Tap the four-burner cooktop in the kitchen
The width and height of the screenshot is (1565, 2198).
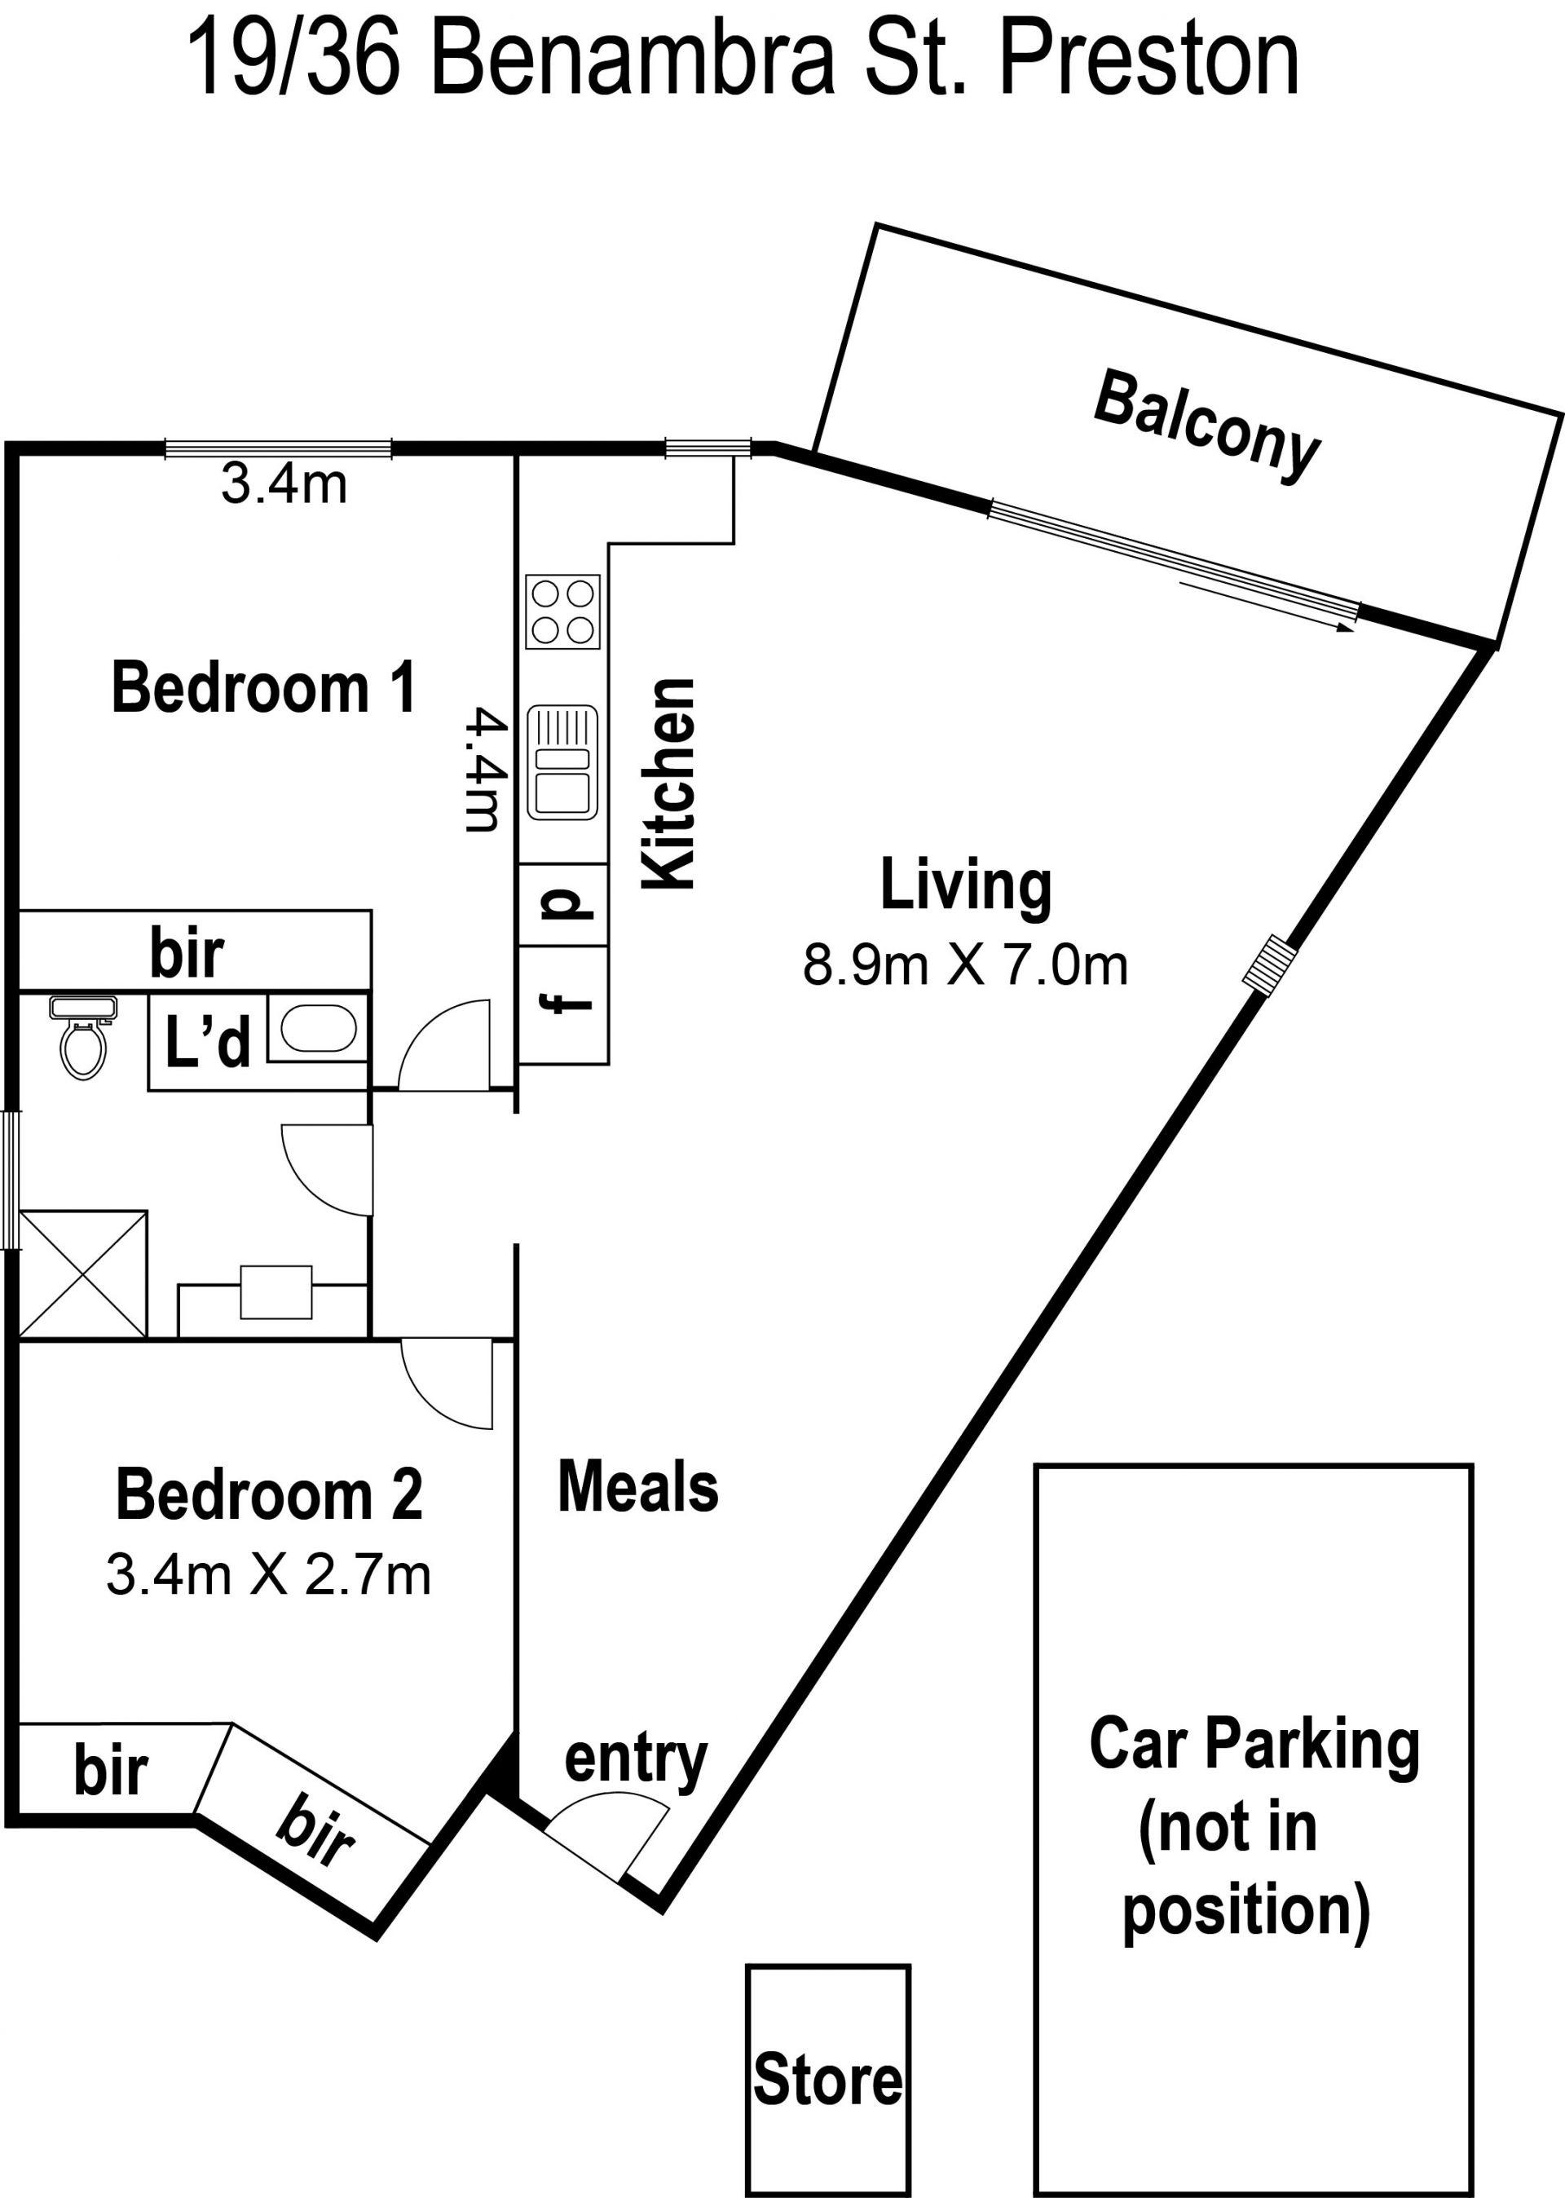tap(562, 612)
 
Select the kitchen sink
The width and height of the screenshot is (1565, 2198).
tap(562, 762)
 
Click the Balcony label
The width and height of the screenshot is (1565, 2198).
tap(1206, 425)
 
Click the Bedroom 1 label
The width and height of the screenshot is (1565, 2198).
tap(264, 688)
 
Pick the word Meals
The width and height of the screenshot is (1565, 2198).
tap(638, 1486)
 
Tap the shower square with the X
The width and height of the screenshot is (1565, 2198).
tap(83, 1274)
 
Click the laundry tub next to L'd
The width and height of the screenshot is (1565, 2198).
tap(318, 1029)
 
